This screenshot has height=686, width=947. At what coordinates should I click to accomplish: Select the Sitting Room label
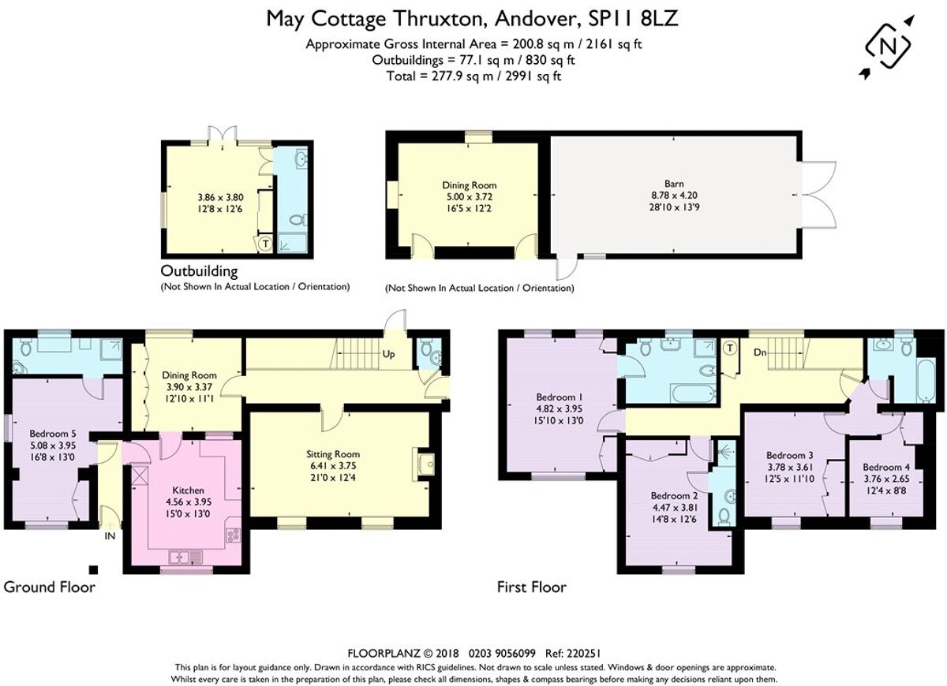point(333,454)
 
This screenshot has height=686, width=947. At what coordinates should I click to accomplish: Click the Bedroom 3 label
point(790,456)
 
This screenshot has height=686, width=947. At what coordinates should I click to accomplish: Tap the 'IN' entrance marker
point(110,535)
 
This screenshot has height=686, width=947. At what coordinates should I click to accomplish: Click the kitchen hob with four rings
point(234,535)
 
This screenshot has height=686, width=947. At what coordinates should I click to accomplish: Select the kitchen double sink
point(187,557)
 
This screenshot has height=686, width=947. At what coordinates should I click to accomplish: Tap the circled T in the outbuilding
point(265,244)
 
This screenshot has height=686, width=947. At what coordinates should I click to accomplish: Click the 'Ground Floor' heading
point(50,587)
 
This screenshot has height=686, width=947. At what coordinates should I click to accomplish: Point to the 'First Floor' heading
point(531,587)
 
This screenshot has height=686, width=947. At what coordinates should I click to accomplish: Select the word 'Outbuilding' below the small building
point(200,271)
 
